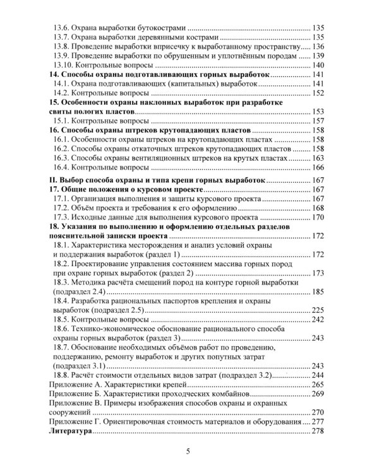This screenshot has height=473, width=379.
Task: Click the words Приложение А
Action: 81,384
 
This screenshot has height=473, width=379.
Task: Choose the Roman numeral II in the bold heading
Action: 52,179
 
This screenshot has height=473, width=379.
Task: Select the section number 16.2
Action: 62,148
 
